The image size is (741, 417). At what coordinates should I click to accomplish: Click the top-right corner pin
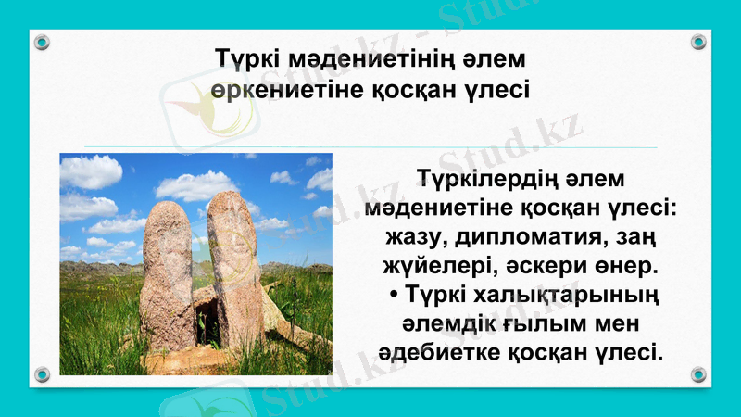click(x=698, y=42)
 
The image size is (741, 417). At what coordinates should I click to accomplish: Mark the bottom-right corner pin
click(x=698, y=374)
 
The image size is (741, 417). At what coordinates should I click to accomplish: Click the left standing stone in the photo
click(x=168, y=274)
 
